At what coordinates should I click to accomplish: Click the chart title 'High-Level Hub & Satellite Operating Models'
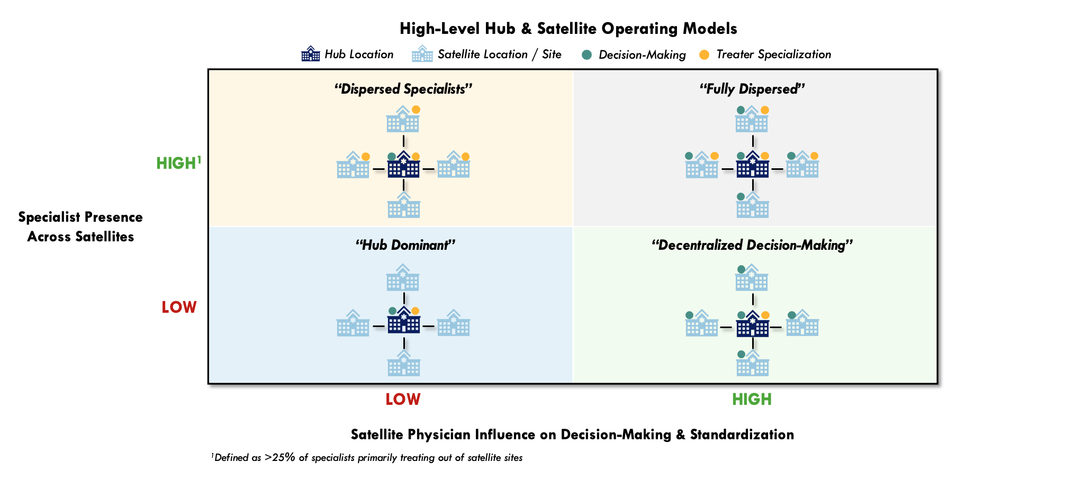click(568, 29)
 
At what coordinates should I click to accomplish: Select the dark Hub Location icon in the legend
click(310, 54)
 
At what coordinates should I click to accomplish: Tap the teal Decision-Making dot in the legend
click(586, 55)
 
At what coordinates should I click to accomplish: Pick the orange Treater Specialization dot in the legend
click(704, 55)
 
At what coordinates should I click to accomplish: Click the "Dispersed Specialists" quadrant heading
click(403, 89)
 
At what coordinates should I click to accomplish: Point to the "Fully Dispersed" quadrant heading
click(752, 89)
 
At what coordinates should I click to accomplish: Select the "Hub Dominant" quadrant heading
click(405, 245)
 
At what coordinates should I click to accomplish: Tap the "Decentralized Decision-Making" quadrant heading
click(752, 245)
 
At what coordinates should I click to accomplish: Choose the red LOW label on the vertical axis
click(179, 307)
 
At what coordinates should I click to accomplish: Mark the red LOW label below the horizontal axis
click(403, 399)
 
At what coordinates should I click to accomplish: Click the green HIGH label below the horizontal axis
click(752, 399)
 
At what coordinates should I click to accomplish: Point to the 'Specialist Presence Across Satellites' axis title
click(80, 227)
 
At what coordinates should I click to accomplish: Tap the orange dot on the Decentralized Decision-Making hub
click(765, 315)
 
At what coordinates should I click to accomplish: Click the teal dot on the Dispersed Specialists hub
click(392, 157)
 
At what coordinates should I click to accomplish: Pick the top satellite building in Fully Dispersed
click(752, 120)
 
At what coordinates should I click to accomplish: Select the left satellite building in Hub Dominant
click(353, 323)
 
